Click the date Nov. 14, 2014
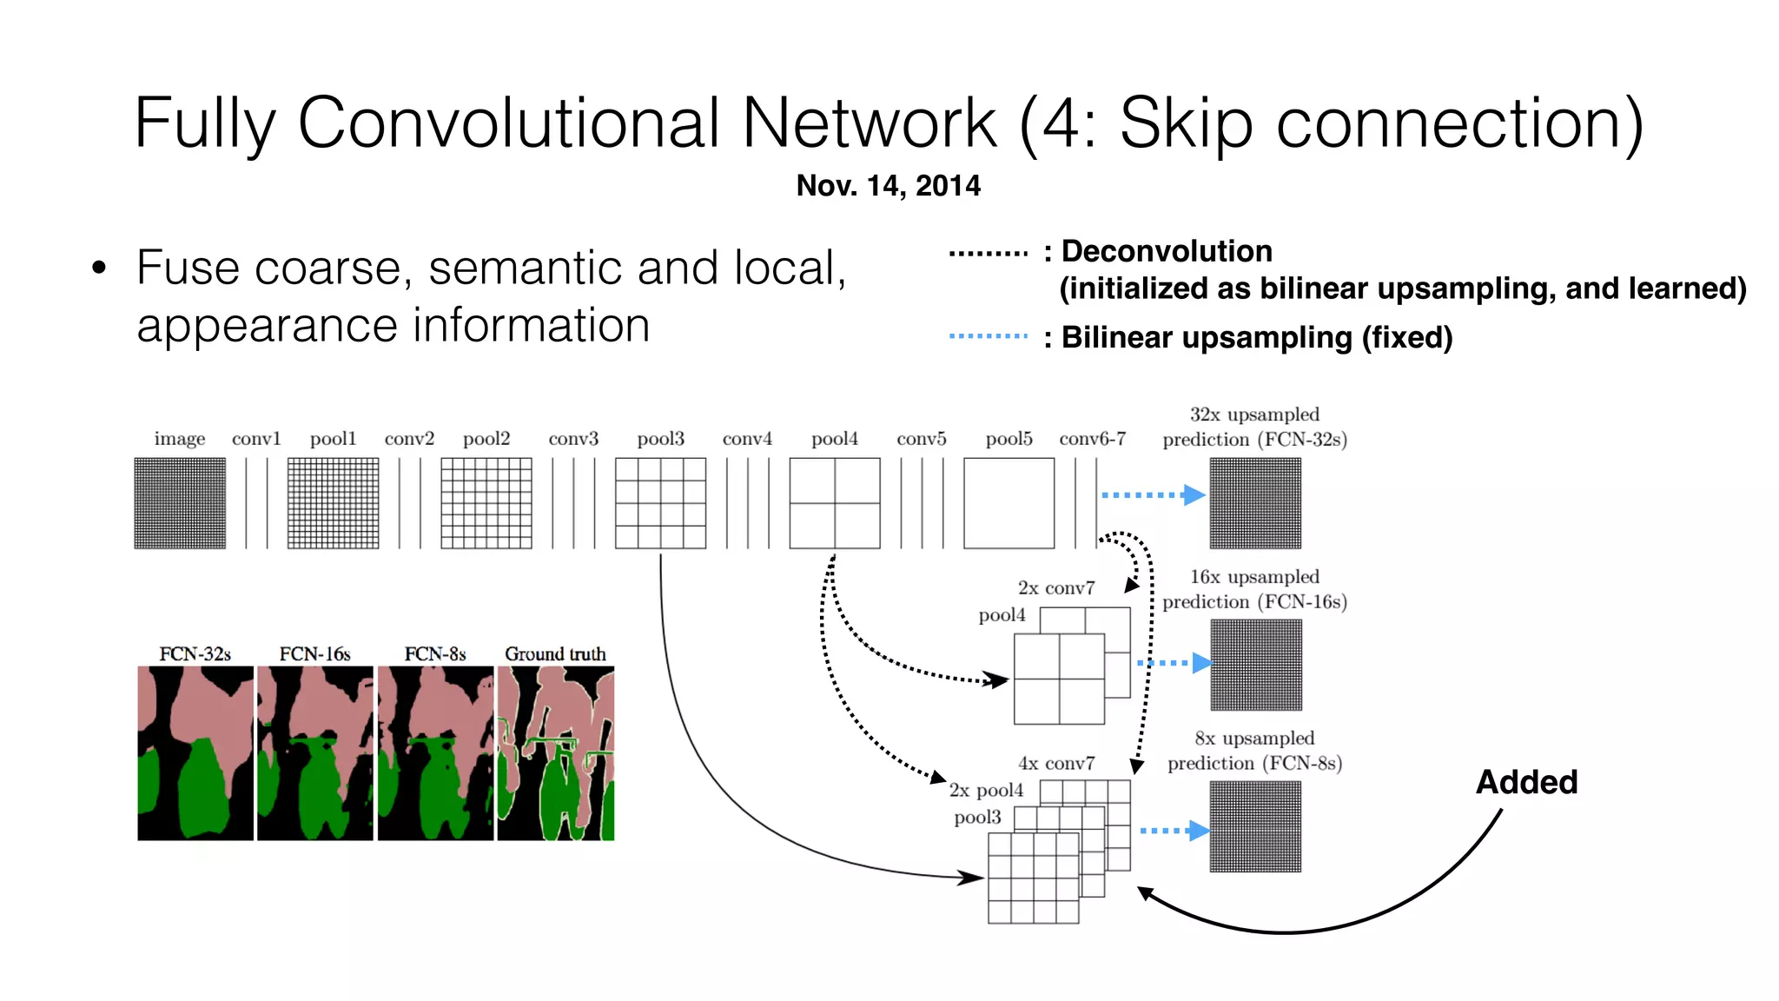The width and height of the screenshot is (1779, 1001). click(888, 185)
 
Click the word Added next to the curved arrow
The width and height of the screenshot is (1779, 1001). click(1526, 782)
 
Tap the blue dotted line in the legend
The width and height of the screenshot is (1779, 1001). click(988, 335)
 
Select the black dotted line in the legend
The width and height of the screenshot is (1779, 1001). click(988, 254)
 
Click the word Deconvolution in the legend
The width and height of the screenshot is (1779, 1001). click(1167, 251)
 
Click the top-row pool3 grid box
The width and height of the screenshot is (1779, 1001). click(660, 503)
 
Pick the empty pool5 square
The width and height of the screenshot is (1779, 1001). click(1009, 503)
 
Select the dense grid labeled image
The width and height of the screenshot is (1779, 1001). click(180, 503)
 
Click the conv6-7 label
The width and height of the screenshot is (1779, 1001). click(1092, 439)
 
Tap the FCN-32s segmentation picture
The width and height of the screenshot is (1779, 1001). click(195, 752)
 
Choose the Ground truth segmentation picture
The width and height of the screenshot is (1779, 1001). click(556, 752)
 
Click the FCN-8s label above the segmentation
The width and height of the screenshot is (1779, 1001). click(434, 653)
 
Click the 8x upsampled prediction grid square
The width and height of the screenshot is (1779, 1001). click(1255, 826)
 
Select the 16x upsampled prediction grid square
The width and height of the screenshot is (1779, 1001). click(1255, 665)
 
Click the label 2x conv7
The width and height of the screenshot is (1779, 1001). click(1056, 588)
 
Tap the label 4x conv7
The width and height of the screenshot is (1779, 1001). click(1056, 764)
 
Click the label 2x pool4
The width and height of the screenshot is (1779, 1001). click(986, 790)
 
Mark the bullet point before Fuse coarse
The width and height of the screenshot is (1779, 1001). click(99, 268)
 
